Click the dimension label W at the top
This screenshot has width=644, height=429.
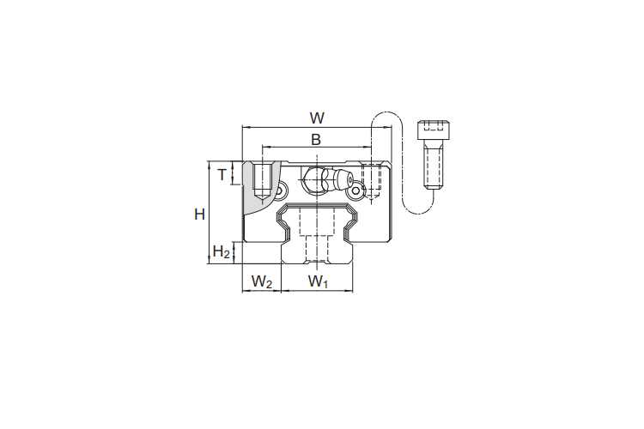click(317, 118)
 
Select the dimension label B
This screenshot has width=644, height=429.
click(316, 140)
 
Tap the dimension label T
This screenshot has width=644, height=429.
click(222, 175)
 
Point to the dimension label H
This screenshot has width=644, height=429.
click(199, 214)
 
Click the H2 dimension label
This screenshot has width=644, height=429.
click(221, 251)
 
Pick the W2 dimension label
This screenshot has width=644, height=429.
click(262, 282)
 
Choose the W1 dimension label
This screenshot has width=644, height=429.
click(319, 282)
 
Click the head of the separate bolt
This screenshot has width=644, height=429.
click(434, 130)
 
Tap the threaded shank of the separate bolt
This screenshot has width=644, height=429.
click(434, 167)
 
